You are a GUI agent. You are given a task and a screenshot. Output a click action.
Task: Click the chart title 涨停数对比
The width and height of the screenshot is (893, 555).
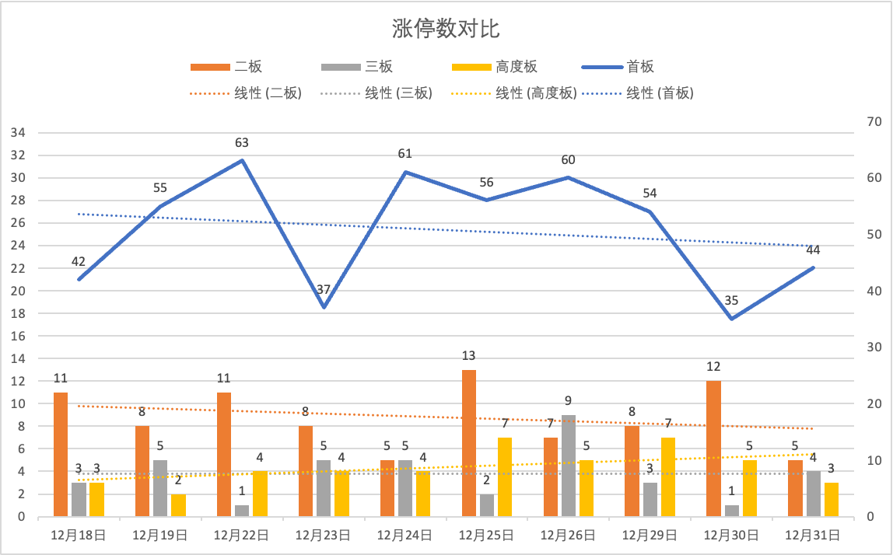(x=446, y=29)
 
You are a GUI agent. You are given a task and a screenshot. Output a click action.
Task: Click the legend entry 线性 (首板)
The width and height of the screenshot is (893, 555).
(x=660, y=93)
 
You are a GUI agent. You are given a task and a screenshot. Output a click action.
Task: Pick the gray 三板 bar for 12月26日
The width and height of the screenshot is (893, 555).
(x=568, y=466)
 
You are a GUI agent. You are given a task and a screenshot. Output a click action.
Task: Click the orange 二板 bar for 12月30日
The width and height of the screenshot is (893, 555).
(x=713, y=449)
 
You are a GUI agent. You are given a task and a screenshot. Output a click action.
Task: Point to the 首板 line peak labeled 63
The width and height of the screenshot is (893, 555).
(x=242, y=160)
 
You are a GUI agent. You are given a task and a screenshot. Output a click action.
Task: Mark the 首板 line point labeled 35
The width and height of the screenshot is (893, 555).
(x=731, y=319)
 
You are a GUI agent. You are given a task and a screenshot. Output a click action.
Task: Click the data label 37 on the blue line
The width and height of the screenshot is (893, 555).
(x=324, y=290)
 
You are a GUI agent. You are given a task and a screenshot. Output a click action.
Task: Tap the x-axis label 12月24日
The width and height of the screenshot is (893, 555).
(x=404, y=536)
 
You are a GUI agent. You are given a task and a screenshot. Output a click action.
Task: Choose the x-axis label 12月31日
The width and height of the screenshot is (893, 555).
(x=812, y=536)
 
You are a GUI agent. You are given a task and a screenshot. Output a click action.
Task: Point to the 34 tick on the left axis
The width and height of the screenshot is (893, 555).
(x=18, y=133)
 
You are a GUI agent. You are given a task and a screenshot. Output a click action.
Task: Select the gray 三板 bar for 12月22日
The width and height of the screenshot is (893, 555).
(x=242, y=511)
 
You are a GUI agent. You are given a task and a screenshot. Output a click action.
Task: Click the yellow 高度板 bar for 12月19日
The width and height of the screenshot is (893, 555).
(x=178, y=505)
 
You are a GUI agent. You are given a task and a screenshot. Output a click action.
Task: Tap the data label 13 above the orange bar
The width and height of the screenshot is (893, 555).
(x=468, y=356)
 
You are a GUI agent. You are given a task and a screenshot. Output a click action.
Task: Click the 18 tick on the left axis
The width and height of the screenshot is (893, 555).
(x=18, y=313)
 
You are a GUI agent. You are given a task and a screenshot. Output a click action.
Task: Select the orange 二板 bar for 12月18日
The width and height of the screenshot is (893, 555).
(x=61, y=454)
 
